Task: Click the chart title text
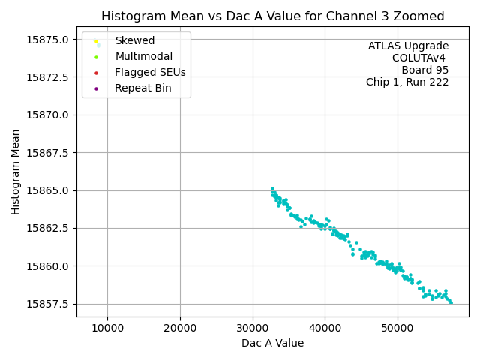[272, 16]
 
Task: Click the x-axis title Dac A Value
[272, 343]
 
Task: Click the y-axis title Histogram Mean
[16, 172]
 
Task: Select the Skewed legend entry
[134, 40]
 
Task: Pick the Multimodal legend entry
[143, 56]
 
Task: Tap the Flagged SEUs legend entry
[150, 73]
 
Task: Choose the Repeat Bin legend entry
[142, 88]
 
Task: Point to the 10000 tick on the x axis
[107, 328]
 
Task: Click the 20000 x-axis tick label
[180, 328]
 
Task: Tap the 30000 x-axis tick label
[253, 328]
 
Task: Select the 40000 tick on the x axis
[325, 328]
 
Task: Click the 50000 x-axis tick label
[397, 328]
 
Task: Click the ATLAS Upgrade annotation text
[408, 46]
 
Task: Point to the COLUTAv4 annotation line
[420, 58]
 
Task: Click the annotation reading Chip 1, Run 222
[407, 82]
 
